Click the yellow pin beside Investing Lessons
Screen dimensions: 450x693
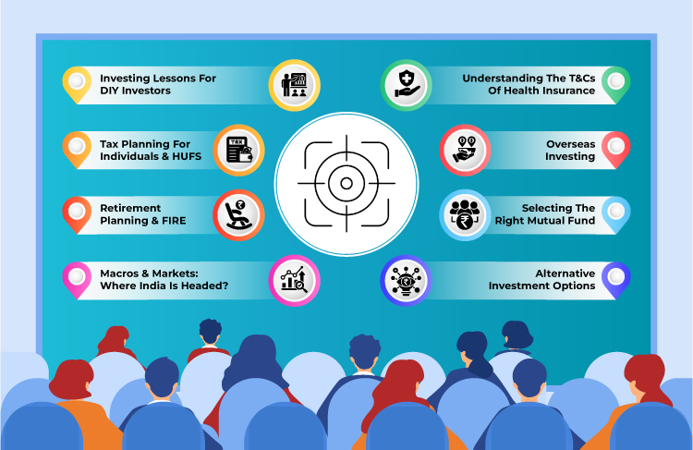77,83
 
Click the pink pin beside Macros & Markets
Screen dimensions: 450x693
77,276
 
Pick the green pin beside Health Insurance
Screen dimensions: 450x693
615,83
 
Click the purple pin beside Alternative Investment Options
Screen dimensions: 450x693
615,276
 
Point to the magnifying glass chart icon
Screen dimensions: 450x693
295,277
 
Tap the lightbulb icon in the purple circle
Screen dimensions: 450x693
406,277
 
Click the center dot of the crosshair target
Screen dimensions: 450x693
346,182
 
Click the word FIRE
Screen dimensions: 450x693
172,221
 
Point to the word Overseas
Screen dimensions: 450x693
569,143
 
